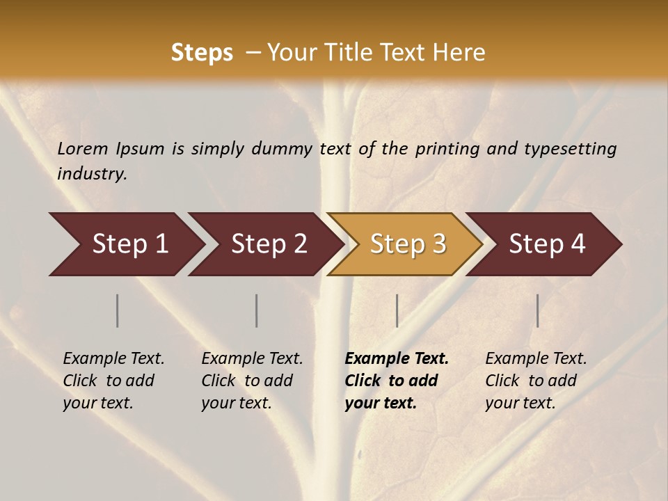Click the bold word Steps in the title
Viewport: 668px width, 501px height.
pos(202,53)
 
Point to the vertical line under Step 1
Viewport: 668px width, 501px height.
pos(118,310)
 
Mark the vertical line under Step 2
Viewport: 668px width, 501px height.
pos(257,310)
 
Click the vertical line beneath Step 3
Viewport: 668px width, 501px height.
pos(397,310)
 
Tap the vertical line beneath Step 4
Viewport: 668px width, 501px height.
pos(537,310)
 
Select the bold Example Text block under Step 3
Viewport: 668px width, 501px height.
pos(396,381)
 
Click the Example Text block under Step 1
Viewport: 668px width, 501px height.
pos(113,381)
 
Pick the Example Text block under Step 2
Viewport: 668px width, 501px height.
pos(252,381)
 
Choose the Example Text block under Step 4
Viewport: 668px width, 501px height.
pos(536,381)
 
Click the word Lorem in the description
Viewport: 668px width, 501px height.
pos(83,149)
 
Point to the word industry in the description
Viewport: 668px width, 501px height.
pos(92,174)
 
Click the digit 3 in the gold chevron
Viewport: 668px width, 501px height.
pos(438,244)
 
